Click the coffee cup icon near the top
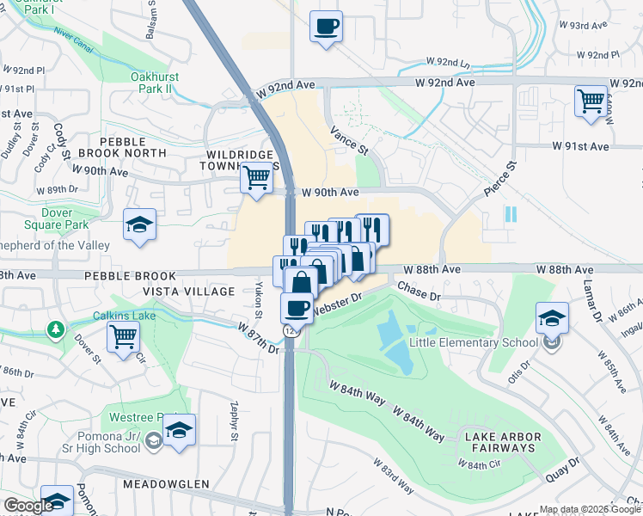click(326, 26)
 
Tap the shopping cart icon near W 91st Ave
click(591, 101)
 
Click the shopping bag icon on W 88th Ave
click(301, 281)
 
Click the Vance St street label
click(351, 141)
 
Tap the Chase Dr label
click(419, 295)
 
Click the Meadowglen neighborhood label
click(166, 484)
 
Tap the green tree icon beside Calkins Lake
click(56, 329)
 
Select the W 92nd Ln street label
click(449, 63)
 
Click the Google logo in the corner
click(28, 506)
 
